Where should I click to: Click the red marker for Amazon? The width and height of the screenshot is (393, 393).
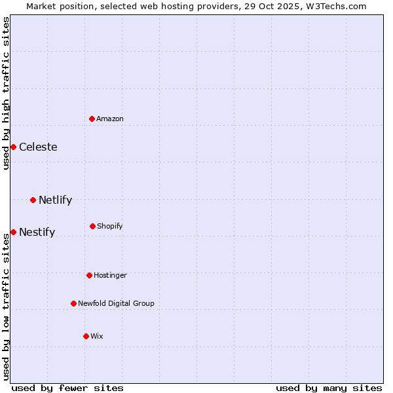coord(92,119)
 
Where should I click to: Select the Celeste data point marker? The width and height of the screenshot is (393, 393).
coord(13,147)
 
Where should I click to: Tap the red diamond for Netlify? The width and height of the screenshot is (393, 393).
coord(33,200)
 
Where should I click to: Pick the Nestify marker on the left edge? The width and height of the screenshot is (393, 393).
coord(13,232)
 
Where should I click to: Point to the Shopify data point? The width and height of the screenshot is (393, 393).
coord(92,226)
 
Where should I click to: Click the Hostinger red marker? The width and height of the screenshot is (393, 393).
coord(89,275)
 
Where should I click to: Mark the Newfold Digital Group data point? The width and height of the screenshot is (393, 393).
coord(73,303)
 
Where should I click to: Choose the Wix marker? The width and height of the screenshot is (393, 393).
coord(86,336)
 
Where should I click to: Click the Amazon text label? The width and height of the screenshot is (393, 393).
coord(110,119)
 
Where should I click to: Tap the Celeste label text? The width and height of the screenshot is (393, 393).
coord(38,147)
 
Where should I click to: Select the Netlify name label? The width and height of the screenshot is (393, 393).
coord(55,200)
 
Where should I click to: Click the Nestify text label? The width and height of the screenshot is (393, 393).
coord(37,232)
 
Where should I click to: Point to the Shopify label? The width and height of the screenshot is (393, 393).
coord(110,226)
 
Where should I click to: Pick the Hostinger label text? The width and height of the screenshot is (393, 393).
coord(110,275)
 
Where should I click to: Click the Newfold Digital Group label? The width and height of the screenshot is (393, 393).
coord(116,303)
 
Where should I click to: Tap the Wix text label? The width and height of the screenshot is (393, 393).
coord(97,336)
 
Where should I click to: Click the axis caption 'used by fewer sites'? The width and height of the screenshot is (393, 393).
coord(67,388)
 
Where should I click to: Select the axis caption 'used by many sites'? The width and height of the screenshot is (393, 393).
coord(329,388)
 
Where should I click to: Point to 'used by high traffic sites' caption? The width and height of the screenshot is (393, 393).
coord(6,93)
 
